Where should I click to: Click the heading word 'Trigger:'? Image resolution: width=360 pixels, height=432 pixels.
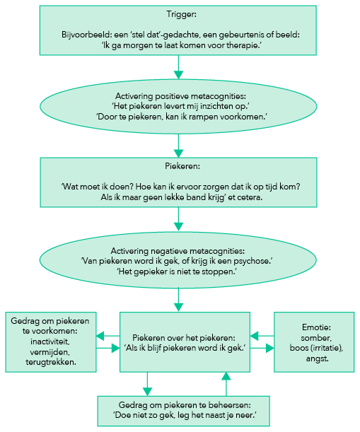point(181,14)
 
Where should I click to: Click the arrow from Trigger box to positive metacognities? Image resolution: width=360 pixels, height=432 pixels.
point(178,67)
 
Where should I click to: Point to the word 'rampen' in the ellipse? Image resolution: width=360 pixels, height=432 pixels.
point(202,117)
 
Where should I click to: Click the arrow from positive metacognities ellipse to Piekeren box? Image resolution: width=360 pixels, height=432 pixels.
point(178,146)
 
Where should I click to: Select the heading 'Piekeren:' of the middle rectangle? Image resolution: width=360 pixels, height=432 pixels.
point(182,166)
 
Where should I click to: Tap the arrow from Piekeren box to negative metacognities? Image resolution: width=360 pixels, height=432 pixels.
point(178,218)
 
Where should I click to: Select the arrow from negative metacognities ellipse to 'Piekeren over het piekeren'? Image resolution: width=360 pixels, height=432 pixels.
point(178,300)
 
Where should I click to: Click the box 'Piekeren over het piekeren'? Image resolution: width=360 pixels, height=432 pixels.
point(185,342)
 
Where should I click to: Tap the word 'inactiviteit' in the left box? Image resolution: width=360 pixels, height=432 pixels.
point(50,341)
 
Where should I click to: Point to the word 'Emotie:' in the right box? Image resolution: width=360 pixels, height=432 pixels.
point(316,327)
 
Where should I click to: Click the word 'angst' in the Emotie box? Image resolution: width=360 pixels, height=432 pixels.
point(317,358)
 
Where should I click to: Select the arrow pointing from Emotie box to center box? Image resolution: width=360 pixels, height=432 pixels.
point(262,336)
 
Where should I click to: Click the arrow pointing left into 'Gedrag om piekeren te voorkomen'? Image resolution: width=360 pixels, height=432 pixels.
point(108,336)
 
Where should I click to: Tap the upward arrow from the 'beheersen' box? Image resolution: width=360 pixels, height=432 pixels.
point(226,384)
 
